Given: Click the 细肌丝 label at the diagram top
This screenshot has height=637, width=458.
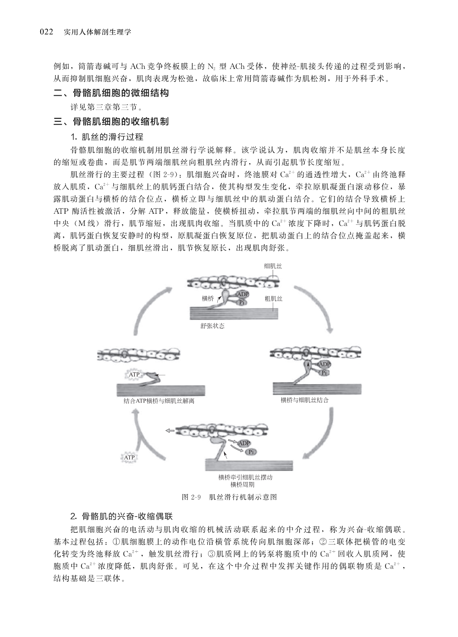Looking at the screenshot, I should [x=273, y=266].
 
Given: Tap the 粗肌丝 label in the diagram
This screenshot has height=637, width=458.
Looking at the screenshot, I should [x=273, y=299].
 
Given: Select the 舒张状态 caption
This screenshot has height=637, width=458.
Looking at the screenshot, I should [x=212, y=326].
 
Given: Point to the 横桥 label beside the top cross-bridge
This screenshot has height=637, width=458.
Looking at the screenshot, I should [x=208, y=299].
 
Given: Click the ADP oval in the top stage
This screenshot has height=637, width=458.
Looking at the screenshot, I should [x=243, y=295].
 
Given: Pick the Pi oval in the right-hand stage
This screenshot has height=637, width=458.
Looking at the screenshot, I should [x=324, y=373].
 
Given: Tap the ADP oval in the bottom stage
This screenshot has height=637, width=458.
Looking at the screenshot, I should [x=244, y=443].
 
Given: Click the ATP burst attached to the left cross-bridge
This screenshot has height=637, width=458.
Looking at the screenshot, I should [x=134, y=374].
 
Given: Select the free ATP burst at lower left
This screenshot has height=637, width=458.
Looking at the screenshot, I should [x=129, y=458].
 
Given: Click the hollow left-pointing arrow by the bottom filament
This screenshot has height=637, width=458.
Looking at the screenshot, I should [x=169, y=430].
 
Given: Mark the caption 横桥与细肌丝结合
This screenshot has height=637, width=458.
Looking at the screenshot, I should [x=304, y=400].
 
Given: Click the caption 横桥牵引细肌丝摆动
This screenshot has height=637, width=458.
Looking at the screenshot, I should [x=245, y=478].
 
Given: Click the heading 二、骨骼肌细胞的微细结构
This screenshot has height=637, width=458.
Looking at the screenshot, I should [x=111, y=93].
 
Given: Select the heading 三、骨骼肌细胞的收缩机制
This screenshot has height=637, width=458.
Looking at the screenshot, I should [x=111, y=121].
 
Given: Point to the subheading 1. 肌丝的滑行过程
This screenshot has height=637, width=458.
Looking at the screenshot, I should [x=106, y=136].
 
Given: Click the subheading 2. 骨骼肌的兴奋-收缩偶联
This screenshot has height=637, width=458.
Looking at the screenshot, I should [x=122, y=516].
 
